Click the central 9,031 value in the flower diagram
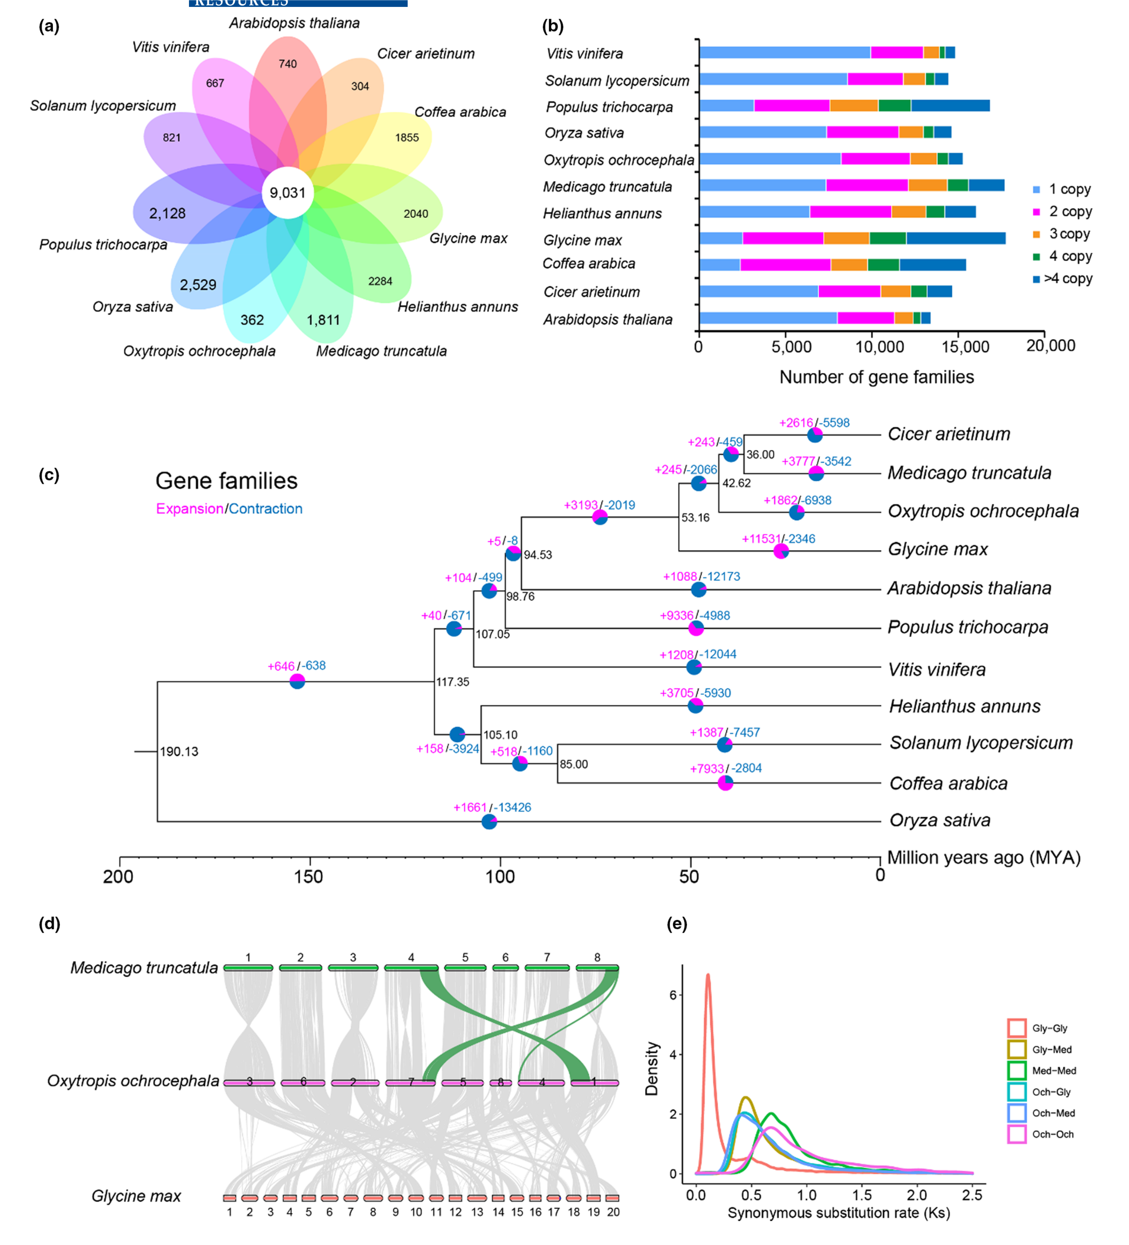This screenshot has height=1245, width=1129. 288,193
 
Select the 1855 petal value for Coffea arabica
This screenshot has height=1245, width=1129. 407,138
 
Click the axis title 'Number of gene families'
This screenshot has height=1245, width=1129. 877,377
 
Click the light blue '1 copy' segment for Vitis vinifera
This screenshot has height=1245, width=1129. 784,52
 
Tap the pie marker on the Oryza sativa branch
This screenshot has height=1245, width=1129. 489,821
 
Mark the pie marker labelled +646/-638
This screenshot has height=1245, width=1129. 297,681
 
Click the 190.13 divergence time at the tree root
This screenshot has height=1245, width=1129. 179,752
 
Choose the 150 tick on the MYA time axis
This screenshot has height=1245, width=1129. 309,877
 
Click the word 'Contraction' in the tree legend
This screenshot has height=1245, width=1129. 266,509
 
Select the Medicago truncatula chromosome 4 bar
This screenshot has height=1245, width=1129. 411,968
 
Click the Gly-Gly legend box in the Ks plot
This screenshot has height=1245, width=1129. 1017,1028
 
